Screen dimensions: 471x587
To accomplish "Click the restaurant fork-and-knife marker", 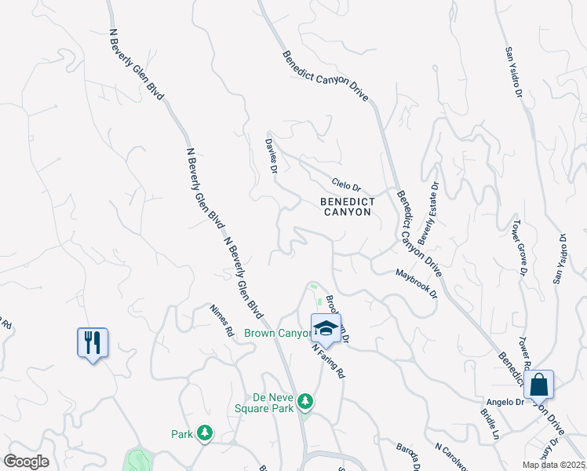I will (93, 342).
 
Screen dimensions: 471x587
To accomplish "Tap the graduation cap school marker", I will (326, 327).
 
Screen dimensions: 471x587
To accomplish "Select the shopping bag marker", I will (538, 385).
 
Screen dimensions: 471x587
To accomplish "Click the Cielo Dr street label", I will (345, 186).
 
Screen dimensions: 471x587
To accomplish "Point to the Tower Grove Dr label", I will (519, 247).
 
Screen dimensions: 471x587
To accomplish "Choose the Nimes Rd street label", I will (222, 320).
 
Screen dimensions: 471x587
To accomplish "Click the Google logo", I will (26, 462).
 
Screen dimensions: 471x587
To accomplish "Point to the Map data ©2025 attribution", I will (554, 465).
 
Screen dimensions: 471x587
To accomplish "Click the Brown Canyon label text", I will (278, 334).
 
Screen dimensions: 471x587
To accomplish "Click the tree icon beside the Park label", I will (204, 433).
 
